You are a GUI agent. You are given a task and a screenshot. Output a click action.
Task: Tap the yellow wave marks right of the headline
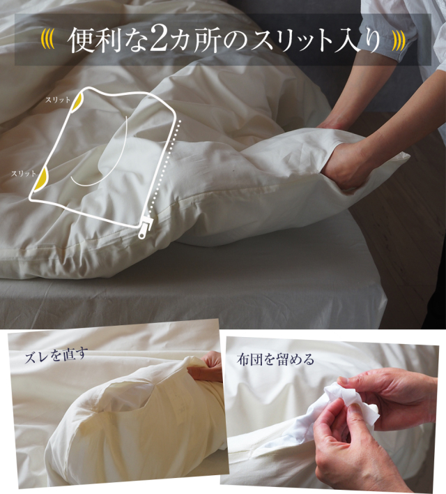click(x=399, y=41)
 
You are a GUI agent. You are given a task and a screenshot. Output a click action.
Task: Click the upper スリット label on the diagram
click(x=58, y=100)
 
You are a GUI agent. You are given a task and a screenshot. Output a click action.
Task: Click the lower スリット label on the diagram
click(x=24, y=173)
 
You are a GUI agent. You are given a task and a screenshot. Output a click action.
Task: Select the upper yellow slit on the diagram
click(x=78, y=100)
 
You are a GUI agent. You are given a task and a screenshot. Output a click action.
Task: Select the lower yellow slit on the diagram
click(x=41, y=179)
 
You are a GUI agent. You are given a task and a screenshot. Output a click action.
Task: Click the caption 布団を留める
click(x=275, y=359)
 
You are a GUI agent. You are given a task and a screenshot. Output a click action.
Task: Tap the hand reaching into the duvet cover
click(x=343, y=165)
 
